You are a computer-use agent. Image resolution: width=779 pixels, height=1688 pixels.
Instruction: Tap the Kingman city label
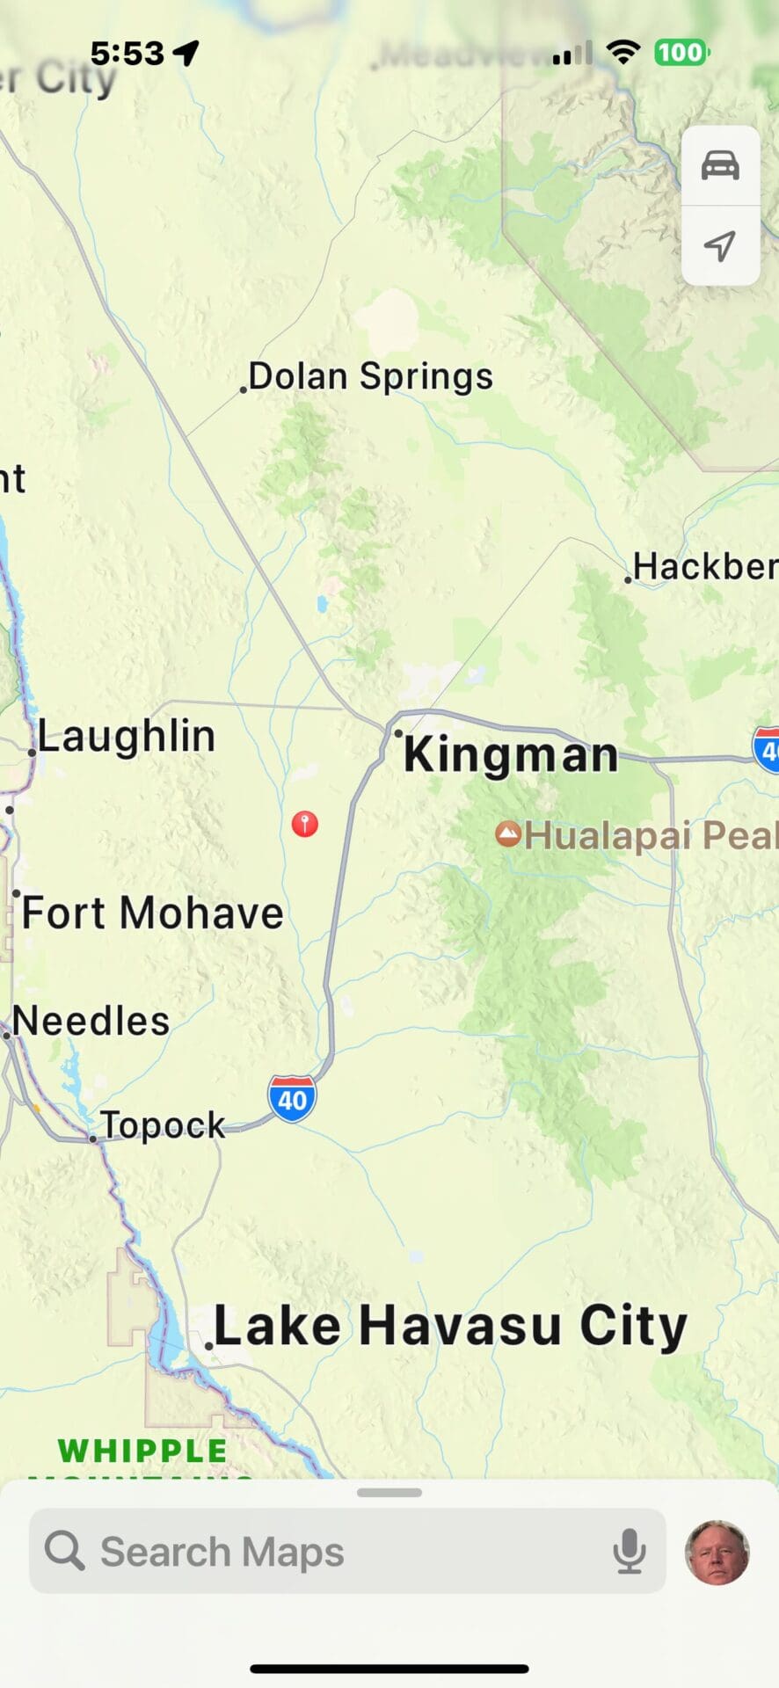(x=510, y=754)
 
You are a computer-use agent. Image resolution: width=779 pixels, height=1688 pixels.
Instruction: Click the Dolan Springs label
(x=370, y=376)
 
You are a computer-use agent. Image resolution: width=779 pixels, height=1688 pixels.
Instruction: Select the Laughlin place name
(x=126, y=736)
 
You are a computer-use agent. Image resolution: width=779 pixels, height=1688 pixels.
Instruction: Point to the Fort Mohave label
(x=152, y=913)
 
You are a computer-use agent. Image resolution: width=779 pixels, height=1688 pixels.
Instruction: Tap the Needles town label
(x=91, y=1021)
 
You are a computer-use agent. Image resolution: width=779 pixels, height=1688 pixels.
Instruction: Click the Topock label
(x=163, y=1124)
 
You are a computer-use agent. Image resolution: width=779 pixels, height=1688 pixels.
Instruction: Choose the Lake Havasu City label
(x=450, y=1326)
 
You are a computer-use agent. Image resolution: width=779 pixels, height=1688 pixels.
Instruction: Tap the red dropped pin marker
(x=305, y=824)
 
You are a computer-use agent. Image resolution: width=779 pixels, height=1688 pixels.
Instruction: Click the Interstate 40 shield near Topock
(x=292, y=1098)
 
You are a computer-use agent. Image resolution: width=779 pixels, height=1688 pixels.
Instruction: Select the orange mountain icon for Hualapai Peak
(x=508, y=833)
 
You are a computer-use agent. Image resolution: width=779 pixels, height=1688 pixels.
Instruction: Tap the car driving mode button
(x=720, y=165)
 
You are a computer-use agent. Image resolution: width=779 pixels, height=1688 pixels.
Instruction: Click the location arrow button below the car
(x=720, y=245)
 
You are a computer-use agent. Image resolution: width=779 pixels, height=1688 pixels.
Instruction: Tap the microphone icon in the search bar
(x=629, y=1552)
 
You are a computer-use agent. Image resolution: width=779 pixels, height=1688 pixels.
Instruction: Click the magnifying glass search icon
(x=64, y=1551)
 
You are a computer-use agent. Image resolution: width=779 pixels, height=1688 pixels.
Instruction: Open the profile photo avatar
(x=717, y=1552)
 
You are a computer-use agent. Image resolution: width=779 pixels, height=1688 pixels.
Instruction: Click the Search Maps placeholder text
(x=222, y=1552)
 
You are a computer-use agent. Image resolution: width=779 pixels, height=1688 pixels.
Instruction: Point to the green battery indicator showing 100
(x=681, y=53)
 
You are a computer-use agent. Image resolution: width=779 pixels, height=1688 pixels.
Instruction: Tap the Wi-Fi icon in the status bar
(x=623, y=53)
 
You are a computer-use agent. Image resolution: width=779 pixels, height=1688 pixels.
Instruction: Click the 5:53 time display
(x=127, y=54)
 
